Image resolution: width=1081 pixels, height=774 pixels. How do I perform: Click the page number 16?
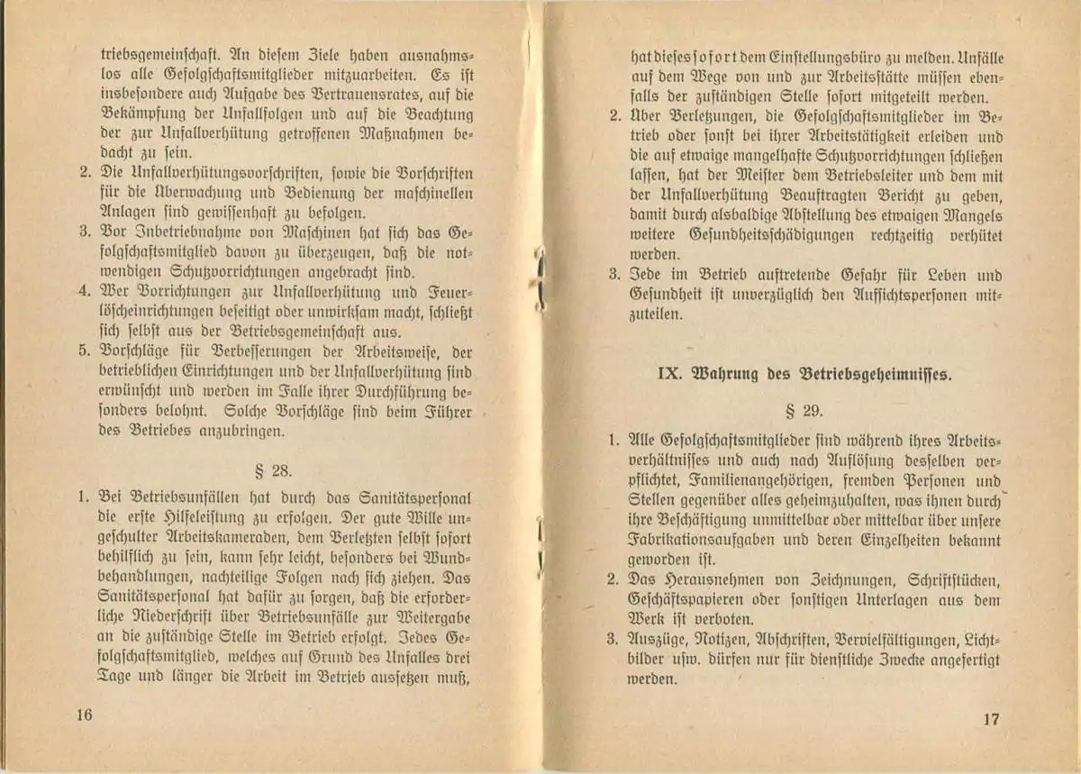[x=86, y=715]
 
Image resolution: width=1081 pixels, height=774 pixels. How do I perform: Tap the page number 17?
[x=991, y=719]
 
